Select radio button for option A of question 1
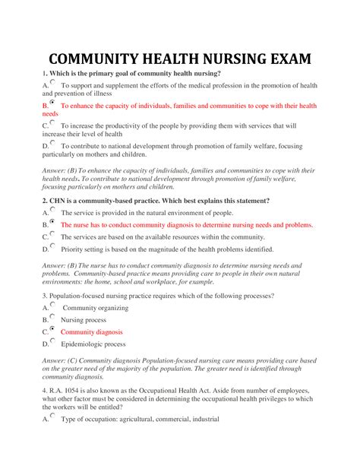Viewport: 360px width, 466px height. tap(52, 82)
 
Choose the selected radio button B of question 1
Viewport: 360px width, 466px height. tap(52, 102)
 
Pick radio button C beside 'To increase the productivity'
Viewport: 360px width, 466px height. tap(52, 122)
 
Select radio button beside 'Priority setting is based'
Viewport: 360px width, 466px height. tap(52, 246)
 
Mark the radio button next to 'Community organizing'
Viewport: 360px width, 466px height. tap(52, 305)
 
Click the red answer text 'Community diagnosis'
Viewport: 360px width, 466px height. tap(91, 332)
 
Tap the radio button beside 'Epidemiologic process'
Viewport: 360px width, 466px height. tap(52, 341)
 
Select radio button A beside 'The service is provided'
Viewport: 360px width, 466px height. tap(52, 211)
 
